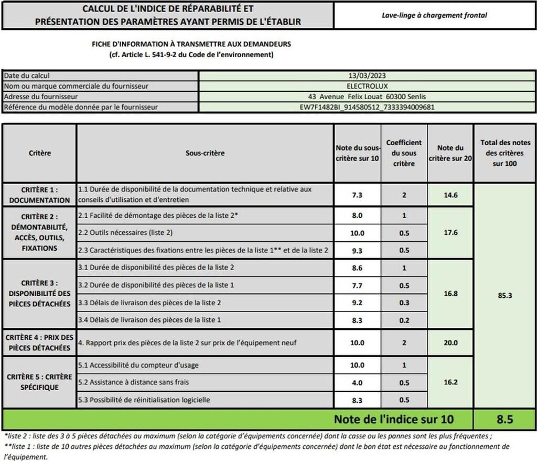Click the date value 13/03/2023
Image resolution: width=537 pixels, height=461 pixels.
coord(367,76)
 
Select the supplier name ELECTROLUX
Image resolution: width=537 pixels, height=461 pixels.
coord(367,86)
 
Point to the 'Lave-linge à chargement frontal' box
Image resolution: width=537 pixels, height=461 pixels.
coord(434,15)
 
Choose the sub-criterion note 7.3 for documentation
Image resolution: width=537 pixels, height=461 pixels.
coord(357,195)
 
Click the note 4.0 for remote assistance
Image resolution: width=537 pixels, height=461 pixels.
coord(357,382)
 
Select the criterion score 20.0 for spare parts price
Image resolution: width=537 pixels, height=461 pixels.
coord(450,342)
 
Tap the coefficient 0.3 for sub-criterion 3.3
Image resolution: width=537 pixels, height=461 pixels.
coord(404,303)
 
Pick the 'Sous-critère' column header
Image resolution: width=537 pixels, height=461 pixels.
coord(205,153)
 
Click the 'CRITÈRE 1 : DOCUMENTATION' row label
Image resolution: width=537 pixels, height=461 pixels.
coord(39,195)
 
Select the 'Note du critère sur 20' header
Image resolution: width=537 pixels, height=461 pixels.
coord(450,153)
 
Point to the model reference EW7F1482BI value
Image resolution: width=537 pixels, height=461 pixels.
coord(367,107)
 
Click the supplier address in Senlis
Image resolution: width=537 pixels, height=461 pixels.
coord(367,97)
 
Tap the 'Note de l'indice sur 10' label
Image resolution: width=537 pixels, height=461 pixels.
coord(393,419)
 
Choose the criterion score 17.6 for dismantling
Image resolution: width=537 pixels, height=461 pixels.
coord(450,232)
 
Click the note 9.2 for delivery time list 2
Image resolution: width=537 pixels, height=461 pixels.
coord(357,303)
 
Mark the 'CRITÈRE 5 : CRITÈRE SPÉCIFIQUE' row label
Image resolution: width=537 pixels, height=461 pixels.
coord(39,382)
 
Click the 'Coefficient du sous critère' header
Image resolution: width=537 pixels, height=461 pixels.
coord(404,153)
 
